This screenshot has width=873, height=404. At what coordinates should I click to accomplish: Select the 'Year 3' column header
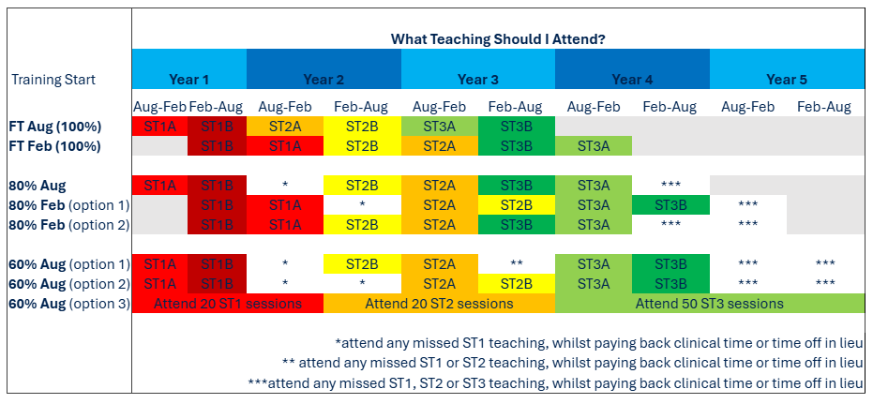tap(477, 80)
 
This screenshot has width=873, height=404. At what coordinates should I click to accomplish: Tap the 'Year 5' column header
tap(787, 80)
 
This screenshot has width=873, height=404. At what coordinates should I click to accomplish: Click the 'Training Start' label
tap(53, 80)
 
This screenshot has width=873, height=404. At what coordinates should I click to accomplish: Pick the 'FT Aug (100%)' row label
tap(55, 127)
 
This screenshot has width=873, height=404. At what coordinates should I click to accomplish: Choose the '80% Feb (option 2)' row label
tap(69, 225)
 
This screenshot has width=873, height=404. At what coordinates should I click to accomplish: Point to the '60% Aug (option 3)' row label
tap(69, 304)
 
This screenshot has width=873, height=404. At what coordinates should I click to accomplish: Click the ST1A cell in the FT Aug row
tap(160, 127)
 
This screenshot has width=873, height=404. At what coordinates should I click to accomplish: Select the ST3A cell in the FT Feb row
tap(594, 146)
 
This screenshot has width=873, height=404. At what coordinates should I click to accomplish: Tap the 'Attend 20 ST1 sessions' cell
tap(228, 304)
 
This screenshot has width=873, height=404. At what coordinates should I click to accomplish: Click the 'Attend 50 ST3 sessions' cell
tap(710, 304)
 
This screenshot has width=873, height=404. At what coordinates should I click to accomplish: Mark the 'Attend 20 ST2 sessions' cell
tap(439, 304)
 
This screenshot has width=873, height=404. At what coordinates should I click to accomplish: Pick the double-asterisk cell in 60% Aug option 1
tap(516, 263)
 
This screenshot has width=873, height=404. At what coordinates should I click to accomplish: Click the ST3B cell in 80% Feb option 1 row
tap(670, 205)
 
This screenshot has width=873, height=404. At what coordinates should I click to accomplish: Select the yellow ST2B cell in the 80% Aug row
tap(362, 186)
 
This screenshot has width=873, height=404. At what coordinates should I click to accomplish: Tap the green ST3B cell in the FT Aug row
tap(516, 127)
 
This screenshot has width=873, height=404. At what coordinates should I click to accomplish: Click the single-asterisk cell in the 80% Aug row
tap(285, 186)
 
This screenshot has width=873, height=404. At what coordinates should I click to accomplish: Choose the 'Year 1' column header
tap(189, 80)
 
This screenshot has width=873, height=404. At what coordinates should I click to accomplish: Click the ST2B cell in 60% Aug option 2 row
tap(516, 284)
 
